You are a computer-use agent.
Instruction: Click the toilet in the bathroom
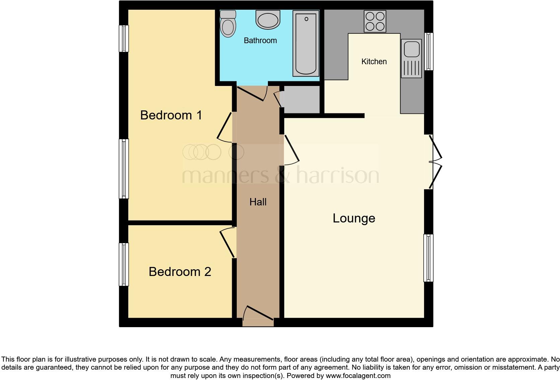(x=228, y=24)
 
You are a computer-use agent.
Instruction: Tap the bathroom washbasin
(x=268, y=19)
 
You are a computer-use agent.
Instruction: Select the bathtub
(x=306, y=43)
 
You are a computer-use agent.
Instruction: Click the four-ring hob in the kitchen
(x=375, y=21)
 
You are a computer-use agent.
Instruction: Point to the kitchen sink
(x=411, y=59)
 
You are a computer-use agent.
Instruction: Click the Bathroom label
(x=260, y=40)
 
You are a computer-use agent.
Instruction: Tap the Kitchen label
(x=374, y=62)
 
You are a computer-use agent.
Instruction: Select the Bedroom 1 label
(x=171, y=115)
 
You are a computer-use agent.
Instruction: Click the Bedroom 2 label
(x=180, y=272)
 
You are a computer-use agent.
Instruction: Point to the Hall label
(x=258, y=202)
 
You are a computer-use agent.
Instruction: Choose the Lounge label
(x=354, y=218)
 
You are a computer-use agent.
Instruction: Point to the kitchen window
(x=429, y=51)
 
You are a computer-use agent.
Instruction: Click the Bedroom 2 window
(x=124, y=264)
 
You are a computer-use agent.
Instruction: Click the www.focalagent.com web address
(x=358, y=376)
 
